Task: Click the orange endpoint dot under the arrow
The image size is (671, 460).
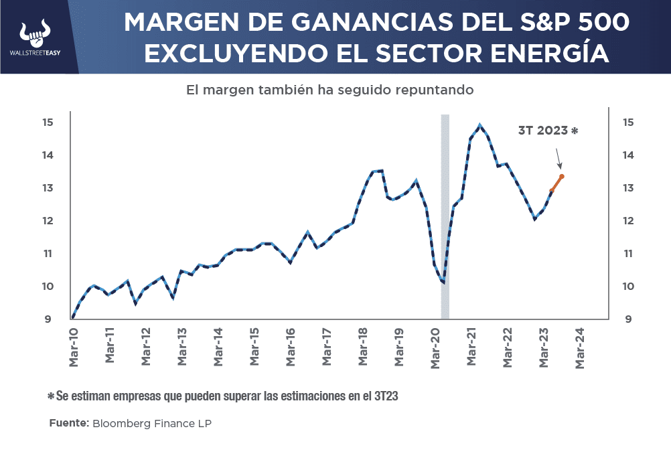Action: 562,177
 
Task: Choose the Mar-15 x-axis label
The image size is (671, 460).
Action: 254,348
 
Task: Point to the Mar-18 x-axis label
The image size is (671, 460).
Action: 364,348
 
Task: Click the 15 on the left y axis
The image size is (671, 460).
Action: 47,123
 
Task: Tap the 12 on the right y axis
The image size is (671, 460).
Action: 628,221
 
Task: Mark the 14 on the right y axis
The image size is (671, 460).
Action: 628,155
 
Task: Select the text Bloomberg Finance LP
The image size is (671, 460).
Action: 151,424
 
